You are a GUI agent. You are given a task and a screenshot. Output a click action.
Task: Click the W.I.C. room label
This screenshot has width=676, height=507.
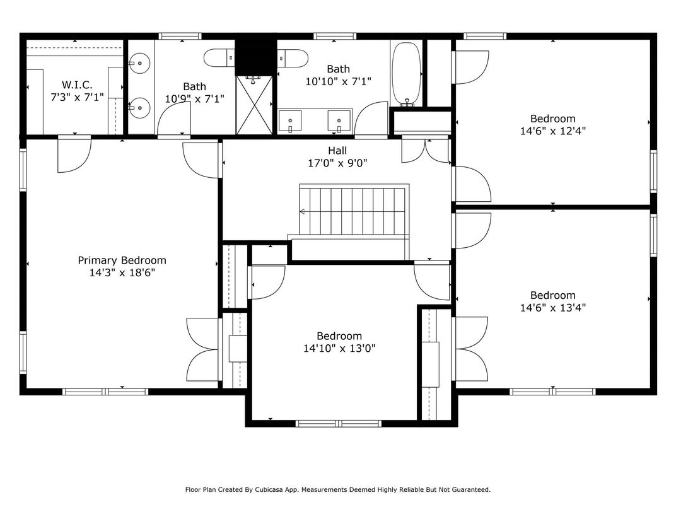tap(77, 85)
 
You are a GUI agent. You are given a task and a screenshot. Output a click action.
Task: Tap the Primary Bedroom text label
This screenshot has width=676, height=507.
tap(122, 260)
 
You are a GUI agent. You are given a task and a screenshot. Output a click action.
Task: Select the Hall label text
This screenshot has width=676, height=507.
tap(337, 151)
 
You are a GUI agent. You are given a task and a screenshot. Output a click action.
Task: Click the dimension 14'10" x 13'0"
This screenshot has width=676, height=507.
tap(339, 348)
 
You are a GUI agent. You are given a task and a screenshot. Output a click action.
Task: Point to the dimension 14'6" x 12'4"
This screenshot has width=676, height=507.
tap(552, 131)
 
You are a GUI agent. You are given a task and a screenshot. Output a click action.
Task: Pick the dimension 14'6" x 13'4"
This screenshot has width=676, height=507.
tap(552, 308)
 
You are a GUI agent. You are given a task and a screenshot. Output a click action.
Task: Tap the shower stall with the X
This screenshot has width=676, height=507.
tap(254, 105)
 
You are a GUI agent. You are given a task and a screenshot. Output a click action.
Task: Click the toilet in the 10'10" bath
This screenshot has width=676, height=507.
tap(293, 58)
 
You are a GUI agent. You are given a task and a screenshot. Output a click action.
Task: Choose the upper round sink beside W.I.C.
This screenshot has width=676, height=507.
tap(139, 63)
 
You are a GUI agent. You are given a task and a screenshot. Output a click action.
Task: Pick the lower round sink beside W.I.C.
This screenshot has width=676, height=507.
tap(139, 108)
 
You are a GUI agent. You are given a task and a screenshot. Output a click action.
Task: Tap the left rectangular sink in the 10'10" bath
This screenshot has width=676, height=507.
tap(289, 120)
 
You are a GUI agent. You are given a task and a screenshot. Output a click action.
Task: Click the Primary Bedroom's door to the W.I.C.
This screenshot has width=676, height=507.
tap(74, 154)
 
